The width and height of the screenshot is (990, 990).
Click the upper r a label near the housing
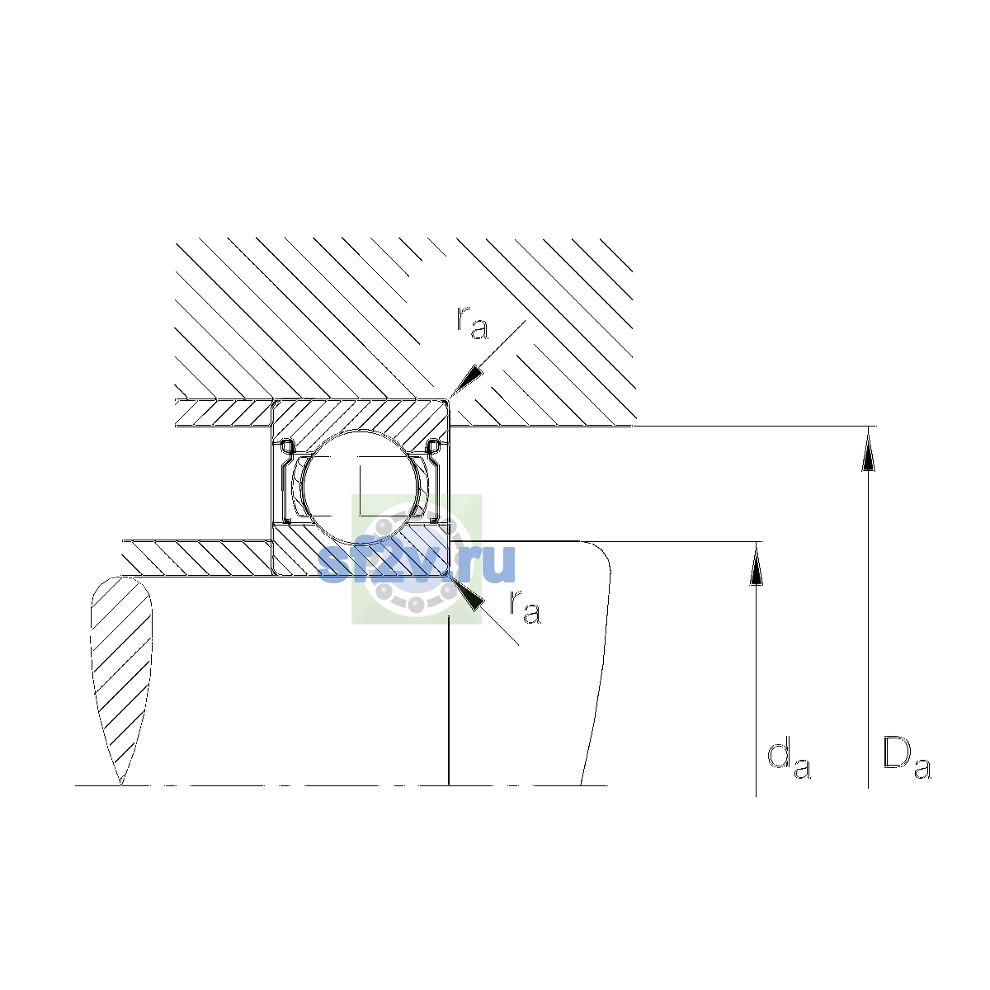472,323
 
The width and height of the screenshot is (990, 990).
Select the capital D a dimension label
907,759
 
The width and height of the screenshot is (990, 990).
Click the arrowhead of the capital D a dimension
868,449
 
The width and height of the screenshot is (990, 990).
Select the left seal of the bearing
286,481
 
